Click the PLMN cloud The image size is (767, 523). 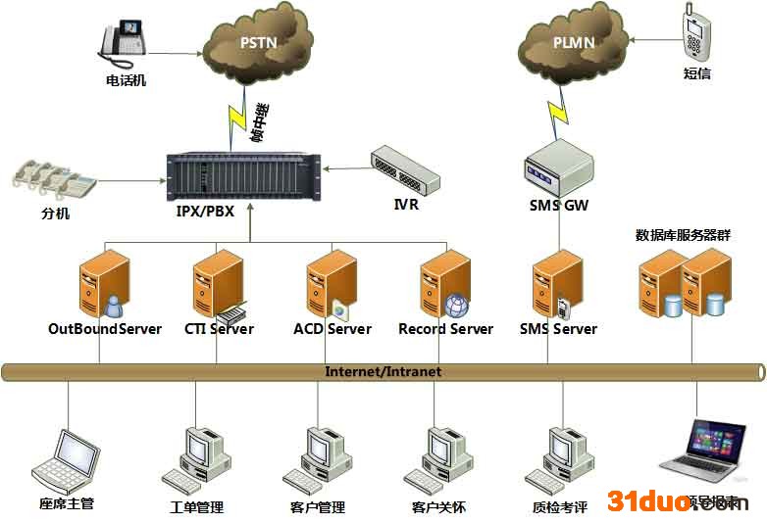click(572, 43)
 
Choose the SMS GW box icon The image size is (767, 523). click(558, 166)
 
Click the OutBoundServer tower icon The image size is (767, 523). click(104, 284)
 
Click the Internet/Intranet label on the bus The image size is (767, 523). click(383, 372)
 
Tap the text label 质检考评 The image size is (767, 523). click(560, 507)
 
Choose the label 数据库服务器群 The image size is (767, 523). click(683, 236)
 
